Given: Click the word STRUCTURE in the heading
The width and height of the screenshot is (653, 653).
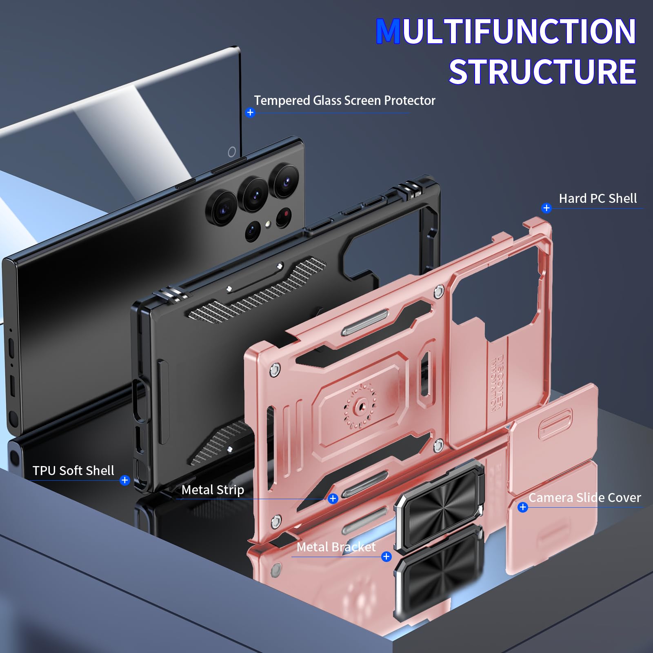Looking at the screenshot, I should pyautogui.click(x=542, y=72).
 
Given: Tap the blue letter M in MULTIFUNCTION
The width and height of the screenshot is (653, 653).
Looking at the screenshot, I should pyautogui.click(x=388, y=32).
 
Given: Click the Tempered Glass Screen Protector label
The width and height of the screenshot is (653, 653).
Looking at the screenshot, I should pyautogui.click(x=344, y=100).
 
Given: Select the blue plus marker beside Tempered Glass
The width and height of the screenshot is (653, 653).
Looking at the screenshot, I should pyautogui.click(x=250, y=113).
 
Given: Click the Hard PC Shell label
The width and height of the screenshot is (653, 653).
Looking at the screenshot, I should pyautogui.click(x=597, y=198).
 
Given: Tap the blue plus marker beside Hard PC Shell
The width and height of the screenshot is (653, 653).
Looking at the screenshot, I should pyautogui.click(x=546, y=208).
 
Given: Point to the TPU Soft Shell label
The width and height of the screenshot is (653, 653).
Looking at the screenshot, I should pyautogui.click(x=73, y=471).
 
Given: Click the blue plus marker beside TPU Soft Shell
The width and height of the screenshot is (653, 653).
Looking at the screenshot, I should pyautogui.click(x=125, y=480).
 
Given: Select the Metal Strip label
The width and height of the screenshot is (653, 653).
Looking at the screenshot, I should pyautogui.click(x=213, y=490).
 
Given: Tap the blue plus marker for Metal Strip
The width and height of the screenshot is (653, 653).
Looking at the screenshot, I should pyautogui.click(x=333, y=498).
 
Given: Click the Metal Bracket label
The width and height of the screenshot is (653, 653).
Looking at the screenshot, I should pyautogui.click(x=336, y=547).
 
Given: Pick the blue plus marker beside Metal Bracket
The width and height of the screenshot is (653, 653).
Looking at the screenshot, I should pyautogui.click(x=386, y=557).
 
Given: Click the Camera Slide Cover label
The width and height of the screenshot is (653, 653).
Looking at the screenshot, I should pyautogui.click(x=584, y=498).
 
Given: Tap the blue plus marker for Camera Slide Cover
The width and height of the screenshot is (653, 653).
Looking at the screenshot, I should pyautogui.click(x=522, y=507).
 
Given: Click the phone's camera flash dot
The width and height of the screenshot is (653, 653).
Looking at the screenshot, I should pyautogui.click(x=268, y=224).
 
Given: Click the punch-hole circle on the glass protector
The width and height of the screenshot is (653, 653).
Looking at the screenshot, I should pyautogui.click(x=232, y=152).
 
